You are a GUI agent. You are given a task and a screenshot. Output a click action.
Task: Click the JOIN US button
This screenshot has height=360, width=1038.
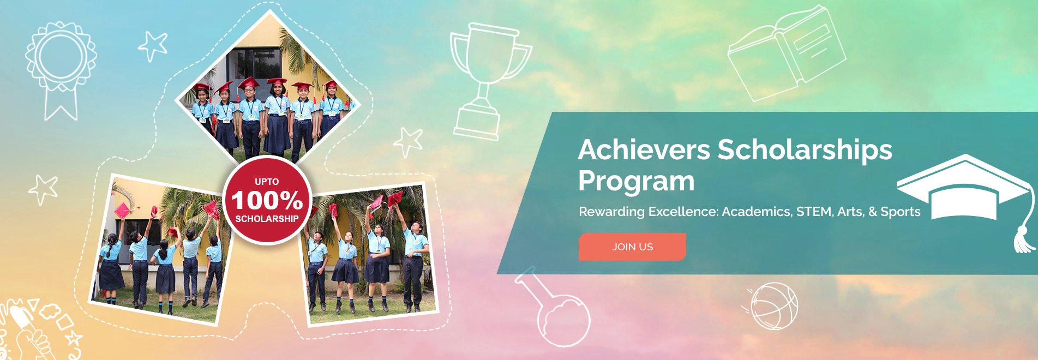632,247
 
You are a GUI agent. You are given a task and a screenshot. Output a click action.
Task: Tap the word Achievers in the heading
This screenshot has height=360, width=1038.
644,149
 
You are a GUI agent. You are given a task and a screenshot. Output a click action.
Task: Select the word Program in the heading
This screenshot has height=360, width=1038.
636,181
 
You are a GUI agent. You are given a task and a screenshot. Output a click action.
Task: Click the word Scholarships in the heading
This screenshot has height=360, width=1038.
805,151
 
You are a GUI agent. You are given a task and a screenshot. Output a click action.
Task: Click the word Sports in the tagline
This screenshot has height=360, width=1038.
900,212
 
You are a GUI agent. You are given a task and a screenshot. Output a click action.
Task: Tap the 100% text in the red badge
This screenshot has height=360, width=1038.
267,200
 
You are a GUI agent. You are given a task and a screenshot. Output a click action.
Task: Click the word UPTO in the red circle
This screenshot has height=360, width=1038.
267,182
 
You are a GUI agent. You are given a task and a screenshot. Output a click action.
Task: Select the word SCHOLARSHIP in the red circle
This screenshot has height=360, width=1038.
267,219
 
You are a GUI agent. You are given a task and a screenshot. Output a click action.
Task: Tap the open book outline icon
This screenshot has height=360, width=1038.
786,55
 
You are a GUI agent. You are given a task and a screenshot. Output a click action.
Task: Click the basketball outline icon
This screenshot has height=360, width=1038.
773,306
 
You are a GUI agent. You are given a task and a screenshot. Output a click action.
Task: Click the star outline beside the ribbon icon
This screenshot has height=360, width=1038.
153,45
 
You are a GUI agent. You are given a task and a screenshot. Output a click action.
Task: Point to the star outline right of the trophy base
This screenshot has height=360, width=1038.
409,142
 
